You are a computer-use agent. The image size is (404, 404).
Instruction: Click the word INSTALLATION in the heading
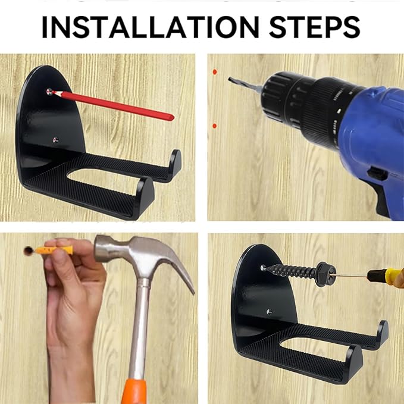[151, 27]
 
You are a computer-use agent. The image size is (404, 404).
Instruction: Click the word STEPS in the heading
[314, 27]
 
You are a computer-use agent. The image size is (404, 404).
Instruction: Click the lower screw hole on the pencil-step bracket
[56, 140]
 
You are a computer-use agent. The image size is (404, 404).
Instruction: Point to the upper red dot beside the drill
[215, 72]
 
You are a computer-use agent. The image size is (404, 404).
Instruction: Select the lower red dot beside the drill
[214, 126]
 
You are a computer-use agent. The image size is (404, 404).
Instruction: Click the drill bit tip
[229, 79]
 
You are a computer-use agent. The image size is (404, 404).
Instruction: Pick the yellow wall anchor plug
[54, 250]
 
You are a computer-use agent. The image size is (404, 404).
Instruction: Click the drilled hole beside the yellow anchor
[29, 250]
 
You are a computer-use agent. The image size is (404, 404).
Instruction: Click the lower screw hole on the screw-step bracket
[270, 312]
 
